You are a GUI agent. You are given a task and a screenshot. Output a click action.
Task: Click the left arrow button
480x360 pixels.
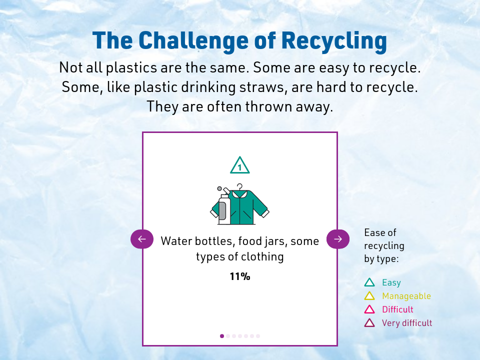coord(141,239)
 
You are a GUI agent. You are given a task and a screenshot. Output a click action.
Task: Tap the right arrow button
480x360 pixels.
coord(337,239)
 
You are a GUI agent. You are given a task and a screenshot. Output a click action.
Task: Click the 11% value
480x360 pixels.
coord(240,276)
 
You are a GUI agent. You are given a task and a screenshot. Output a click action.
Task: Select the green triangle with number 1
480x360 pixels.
coord(240,165)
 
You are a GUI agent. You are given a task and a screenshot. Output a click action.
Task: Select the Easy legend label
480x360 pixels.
coord(391,283)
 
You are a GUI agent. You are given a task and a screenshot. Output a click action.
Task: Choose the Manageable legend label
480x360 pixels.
coord(406,296)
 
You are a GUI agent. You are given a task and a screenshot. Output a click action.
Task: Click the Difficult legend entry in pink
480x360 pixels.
coord(397,309)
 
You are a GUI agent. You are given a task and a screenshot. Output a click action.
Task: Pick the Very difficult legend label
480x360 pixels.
coord(406,323)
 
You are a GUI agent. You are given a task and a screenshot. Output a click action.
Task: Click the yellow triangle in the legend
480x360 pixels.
coord(369,296)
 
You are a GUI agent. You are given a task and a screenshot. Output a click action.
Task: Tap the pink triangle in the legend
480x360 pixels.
coord(369,309)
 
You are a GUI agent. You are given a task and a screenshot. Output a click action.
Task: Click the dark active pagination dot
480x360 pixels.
coord(222,336)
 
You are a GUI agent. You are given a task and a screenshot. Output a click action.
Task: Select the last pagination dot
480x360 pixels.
coord(258,336)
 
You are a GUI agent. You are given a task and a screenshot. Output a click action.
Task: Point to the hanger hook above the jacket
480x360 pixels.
coord(240,186)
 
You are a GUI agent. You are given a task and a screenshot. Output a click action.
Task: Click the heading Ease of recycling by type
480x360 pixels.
coord(384,246)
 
